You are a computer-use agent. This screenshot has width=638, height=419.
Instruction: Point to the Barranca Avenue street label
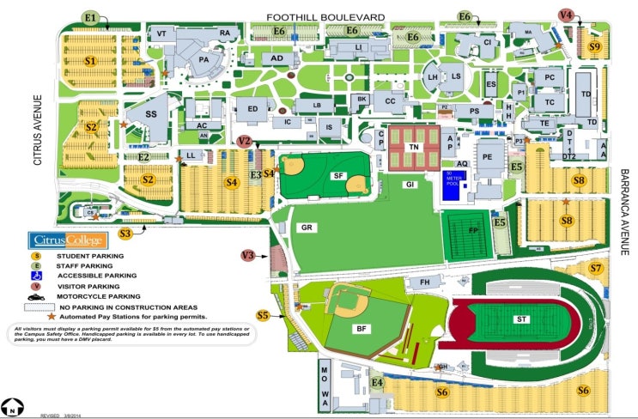pos(624,211)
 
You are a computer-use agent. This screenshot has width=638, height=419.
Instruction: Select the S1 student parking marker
pos(91,61)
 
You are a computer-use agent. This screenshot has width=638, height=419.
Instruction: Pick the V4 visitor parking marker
pos(566,15)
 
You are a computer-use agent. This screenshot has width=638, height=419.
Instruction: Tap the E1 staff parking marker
pos(90,17)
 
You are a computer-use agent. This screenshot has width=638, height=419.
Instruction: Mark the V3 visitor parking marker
pos(248,255)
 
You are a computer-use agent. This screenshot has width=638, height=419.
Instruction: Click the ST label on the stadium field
pos(521,319)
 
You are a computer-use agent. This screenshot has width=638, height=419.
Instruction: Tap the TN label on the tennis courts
pos(414,147)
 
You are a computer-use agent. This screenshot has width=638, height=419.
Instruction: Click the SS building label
pos(151,114)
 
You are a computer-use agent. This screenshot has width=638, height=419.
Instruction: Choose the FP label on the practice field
pos(472,231)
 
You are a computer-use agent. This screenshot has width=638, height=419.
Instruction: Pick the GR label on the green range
pos(307,228)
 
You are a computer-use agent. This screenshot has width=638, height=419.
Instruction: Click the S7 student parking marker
pos(595,268)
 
